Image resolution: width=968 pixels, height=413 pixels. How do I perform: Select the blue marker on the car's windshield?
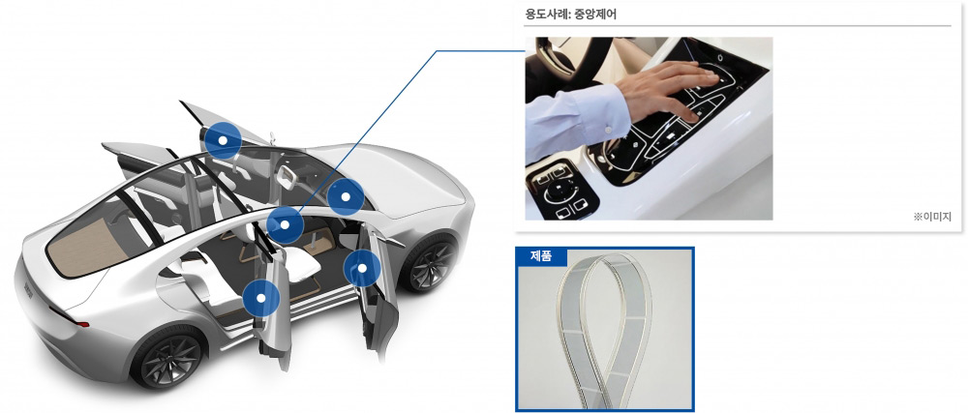click(346, 197)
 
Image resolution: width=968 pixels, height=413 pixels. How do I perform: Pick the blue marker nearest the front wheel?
click(362, 268)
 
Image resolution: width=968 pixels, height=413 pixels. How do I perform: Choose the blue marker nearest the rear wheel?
click(261, 298)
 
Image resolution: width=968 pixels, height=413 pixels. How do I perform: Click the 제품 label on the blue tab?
click(541, 256)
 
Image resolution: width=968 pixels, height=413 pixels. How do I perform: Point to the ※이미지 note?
click(932, 217)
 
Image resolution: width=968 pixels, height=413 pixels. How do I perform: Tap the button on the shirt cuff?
click(608, 131)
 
